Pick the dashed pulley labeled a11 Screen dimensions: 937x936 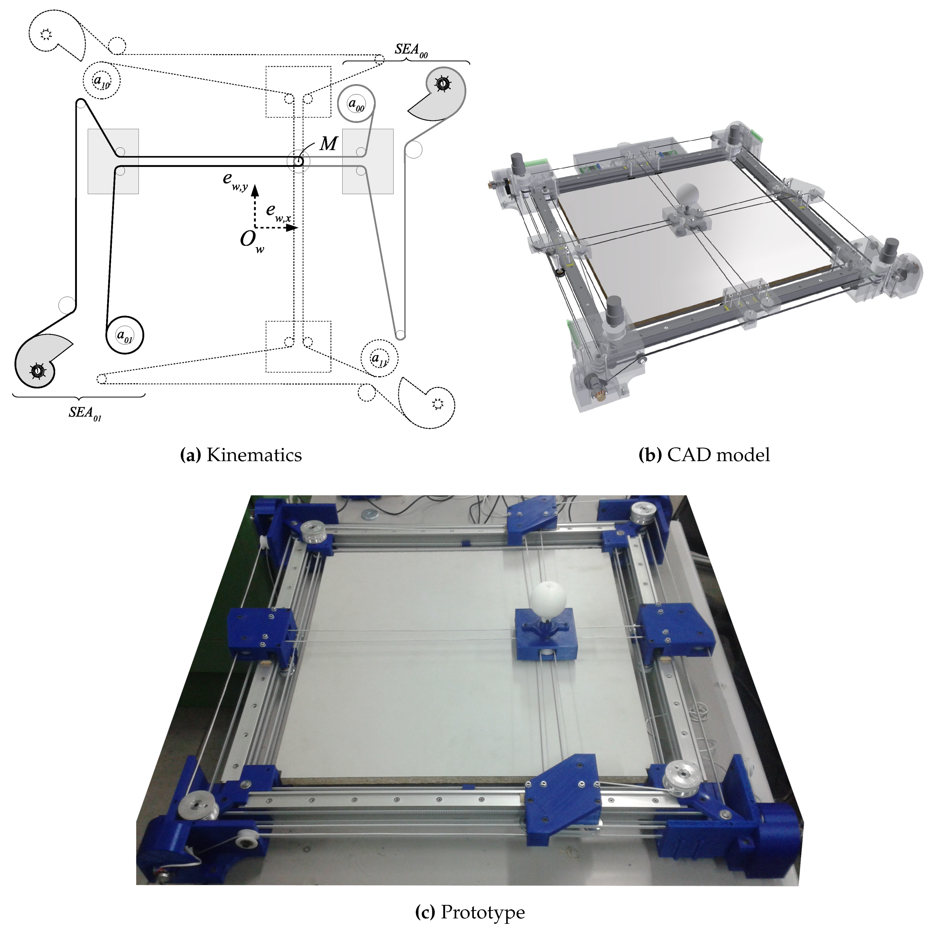pos(379,359)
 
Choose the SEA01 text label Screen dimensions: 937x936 pos(85,413)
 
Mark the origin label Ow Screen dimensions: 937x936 pos(251,241)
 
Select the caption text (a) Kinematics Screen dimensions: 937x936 pos(241,455)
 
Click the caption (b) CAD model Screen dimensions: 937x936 pos(704,455)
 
